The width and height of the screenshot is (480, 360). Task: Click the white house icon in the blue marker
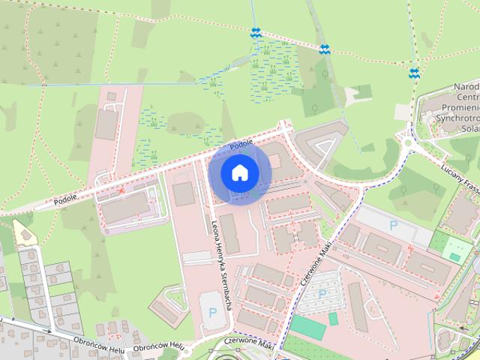239,172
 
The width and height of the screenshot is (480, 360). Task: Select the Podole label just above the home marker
241,144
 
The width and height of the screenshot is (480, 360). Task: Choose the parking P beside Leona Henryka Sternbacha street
211,312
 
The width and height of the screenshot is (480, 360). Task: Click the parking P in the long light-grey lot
393,224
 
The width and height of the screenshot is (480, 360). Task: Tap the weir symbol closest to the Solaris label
414,73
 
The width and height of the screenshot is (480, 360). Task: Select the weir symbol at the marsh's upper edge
256,32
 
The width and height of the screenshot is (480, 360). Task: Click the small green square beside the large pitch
333,318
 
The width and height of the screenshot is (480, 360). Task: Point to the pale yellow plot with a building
24,233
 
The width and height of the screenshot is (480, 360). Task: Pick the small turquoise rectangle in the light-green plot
454,256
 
